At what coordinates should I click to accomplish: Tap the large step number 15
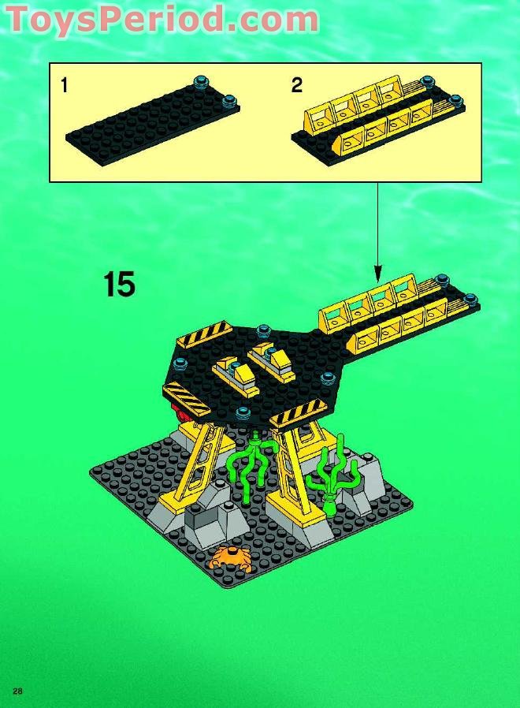[119, 284]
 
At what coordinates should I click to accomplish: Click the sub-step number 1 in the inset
[64, 85]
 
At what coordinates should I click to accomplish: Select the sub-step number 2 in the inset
[296, 85]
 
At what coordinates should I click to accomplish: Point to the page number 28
[17, 691]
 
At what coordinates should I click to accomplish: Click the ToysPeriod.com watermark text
[162, 19]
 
